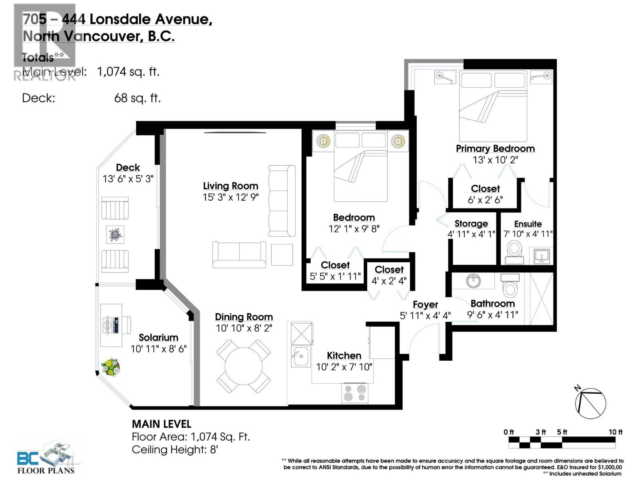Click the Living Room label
pyautogui.click(x=230, y=186)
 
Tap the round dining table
pyautogui.click(x=243, y=366)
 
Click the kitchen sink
pyautogui.click(x=300, y=356)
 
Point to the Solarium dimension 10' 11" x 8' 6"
pyautogui.click(x=158, y=349)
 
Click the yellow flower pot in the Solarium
pyautogui.click(x=110, y=367)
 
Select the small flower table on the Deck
pyautogui.click(x=115, y=234)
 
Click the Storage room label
pyautogui.click(x=471, y=224)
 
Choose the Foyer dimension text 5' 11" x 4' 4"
pyautogui.click(x=425, y=316)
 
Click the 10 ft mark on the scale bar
pyautogui.click(x=615, y=432)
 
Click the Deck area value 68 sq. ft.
pyautogui.click(x=137, y=98)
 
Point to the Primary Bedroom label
pyautogui.click(x=495, y=148)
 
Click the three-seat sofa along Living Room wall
pyautogui.click(x=282, y=201)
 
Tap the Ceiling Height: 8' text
pyautogui.click(x=175, y=450)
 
